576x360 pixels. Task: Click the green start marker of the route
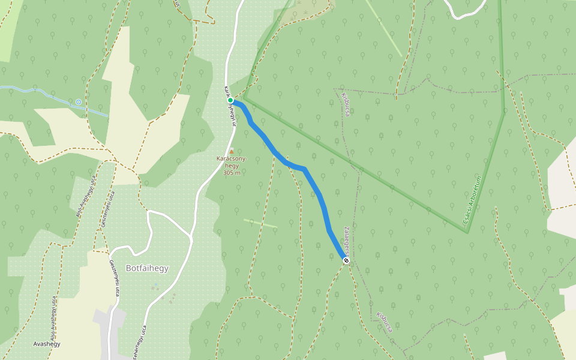pos(230,100)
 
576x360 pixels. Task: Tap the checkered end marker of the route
pos(346,260)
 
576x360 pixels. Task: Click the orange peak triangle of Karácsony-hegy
pos(232,151)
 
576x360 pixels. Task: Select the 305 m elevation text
pos(232,173)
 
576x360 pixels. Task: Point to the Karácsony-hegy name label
pos(232,162)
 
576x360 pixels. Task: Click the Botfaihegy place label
pos(147,268)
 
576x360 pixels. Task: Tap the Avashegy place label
pos(47,344)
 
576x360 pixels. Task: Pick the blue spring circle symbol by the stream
pos(79,102)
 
